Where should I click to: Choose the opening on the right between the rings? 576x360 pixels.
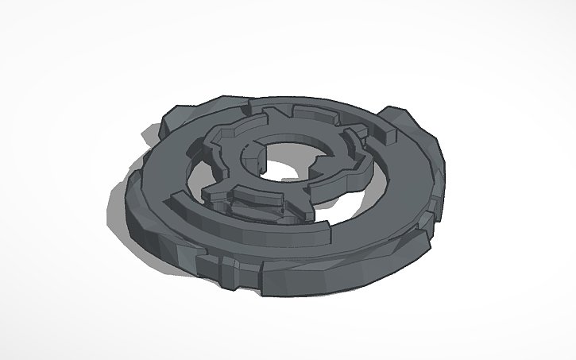click(x=373, y=183)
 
